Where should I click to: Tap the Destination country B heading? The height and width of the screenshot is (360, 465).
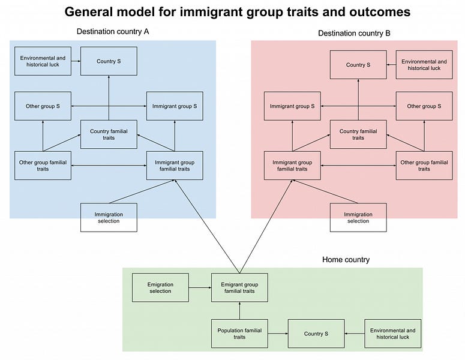coord(354,34)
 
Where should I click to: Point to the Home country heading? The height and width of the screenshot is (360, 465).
coord(346,260)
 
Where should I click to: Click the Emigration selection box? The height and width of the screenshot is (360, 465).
coord(160,287)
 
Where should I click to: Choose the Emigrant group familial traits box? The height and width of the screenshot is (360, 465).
coord(239,287)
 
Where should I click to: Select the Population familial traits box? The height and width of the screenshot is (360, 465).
coord(239,334)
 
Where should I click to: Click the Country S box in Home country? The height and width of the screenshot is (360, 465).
coord(316,334)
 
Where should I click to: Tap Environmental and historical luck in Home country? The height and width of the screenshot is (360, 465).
coord(392,334)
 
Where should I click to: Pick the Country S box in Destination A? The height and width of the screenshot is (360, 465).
coord(109,61)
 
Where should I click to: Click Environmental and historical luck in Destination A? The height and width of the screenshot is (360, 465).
coord(43,61)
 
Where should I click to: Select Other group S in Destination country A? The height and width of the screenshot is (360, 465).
coord(43,106)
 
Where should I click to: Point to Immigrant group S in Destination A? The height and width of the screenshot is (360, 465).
coord(175,106)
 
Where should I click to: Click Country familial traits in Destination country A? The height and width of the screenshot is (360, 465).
coord(109,134)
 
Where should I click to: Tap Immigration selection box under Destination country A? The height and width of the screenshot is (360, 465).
coord(109,217)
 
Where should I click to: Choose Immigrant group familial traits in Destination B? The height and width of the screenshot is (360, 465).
coord(293,166)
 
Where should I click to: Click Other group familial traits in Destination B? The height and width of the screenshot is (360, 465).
coord(424,166)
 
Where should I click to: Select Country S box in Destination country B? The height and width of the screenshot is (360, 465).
coord(358,65)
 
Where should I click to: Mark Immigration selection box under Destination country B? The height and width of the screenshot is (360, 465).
coord(358,217)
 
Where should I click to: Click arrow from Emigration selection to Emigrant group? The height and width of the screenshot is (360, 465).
coord(199,287)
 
